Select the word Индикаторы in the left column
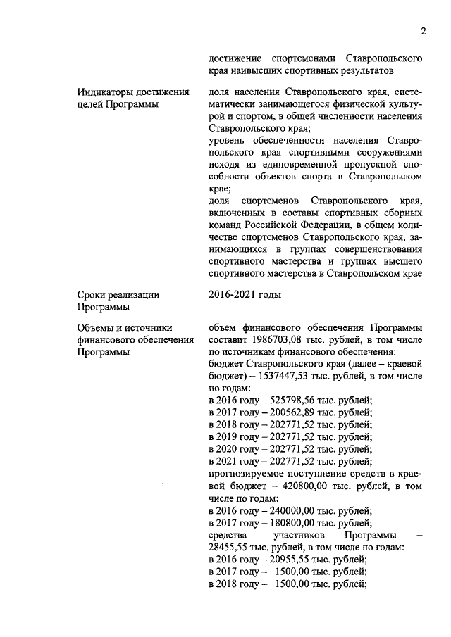pos(106,92)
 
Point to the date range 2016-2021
pos(233,295)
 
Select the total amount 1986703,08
pos(276,339)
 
